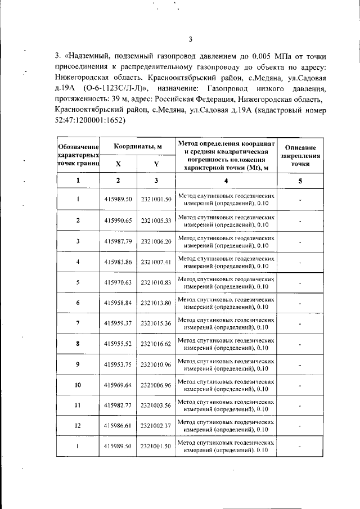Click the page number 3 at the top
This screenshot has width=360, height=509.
point(191,39)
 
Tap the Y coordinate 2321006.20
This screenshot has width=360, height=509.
point(156,241)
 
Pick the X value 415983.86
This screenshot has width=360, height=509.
point(118,262)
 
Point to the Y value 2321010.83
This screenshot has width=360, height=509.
point(156,282)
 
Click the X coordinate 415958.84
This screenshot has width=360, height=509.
point(118,303)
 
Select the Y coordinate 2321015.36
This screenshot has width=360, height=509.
point(156,323)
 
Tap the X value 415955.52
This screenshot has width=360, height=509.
point(118,344)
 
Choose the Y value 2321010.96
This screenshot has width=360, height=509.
point(156,364)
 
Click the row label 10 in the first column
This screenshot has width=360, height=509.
point(78,385)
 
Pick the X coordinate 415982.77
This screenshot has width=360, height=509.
point(118,406)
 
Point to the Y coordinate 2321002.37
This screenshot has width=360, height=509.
point(156,426)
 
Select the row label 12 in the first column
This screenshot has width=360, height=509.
point(78,426)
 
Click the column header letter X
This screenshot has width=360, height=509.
point(118,164)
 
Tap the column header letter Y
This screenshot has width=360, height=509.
point(156,164)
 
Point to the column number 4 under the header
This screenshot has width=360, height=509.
point(226,181)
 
